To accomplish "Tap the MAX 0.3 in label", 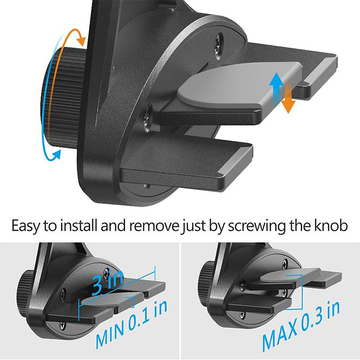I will (x=301, y=326).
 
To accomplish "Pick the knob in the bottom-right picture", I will (x=206, y=273).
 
